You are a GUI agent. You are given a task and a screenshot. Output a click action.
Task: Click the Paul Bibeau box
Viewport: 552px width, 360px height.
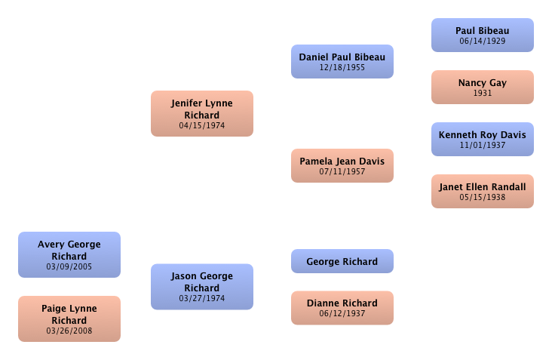pyautogui.click(x=482, y=35)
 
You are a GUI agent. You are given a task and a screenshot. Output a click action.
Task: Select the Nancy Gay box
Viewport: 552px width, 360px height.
pyautogui.click(x=482, y=87)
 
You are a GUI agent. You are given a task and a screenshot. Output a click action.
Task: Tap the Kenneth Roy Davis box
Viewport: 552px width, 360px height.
pyautogui.click(x=482, y=139)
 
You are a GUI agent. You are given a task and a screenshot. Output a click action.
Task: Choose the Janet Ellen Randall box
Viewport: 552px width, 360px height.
pyautogui.click(x=482, y=191)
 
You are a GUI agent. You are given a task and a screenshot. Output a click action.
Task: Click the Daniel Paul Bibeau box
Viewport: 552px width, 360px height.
pyautogui.click(x=342, y=61)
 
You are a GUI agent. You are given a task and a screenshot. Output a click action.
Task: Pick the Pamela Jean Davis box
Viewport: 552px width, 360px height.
pyautogui.click(x=342, y=165)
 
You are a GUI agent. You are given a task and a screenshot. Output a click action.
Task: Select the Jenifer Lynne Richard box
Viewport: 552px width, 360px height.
pyautogui.click(x=201, y=113)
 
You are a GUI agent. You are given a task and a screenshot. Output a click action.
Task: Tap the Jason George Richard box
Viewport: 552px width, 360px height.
pyautogui.click(x=201, y=286)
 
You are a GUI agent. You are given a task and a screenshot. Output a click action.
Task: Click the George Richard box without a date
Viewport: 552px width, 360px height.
pyautogui.click(x=342, y=261)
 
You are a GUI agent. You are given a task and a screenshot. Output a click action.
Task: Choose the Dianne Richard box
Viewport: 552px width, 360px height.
pyautogui.click(x=342, y=307)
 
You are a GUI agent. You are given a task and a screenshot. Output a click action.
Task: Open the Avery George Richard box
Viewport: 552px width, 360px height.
pyautogui.click(x=69, y=254)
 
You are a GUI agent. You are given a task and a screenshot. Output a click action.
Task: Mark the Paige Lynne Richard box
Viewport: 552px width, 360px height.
pyautogui.click(x=69, y=318)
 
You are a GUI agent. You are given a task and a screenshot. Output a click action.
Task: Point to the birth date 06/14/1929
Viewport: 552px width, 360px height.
pyautogui.click(x=482, y=42)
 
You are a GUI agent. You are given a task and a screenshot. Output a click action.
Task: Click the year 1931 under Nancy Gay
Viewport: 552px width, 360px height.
pyautogui.click(x=482, y=94)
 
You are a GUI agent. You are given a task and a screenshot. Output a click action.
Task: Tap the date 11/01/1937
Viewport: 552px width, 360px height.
pyautogui.click(x=482, y=146)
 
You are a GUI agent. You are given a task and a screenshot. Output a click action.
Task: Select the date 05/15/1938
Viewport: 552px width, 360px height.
pyautogui.click(x=482, y=198)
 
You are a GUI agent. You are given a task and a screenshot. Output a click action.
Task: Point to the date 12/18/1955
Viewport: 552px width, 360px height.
pyautogui.click(x=342, y=68)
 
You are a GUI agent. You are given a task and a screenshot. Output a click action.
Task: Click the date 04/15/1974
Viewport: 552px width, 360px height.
pyautogui.click(x=201, y=126)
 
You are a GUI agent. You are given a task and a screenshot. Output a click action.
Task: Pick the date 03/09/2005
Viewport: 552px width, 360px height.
pyautogui.click(x=69, y=267)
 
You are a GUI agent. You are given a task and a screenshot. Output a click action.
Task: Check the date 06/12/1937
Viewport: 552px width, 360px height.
pyautogui.click(x=342, y=314)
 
